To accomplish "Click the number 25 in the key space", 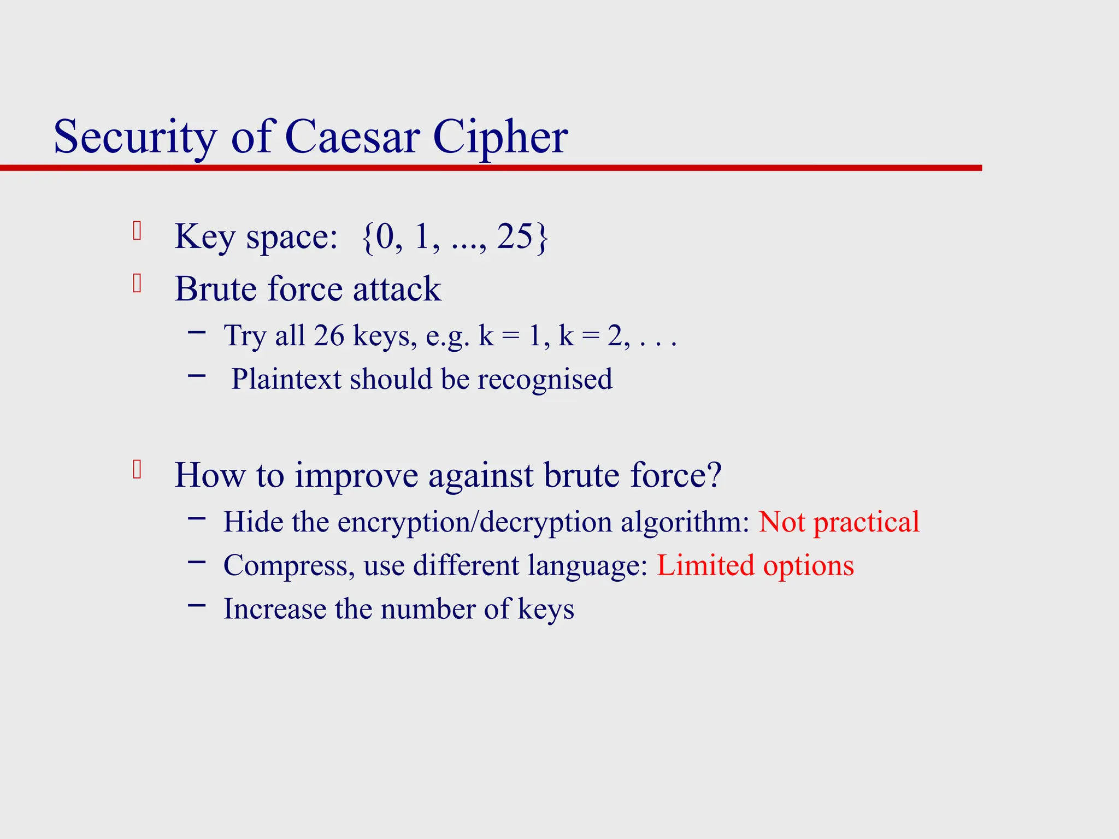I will (514, 237).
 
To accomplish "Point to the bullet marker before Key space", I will (137, 231).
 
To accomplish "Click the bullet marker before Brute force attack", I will (137, 283).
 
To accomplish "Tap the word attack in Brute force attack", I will (397, 289).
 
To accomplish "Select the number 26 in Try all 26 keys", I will (329, 335).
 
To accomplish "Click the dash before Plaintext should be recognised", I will (197, 375).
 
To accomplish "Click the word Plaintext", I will (286, 379).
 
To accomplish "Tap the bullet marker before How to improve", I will (137, 470).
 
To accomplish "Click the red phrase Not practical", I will (839, 522).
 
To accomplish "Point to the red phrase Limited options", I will (755, 565).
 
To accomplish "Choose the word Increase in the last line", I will (275, 609).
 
